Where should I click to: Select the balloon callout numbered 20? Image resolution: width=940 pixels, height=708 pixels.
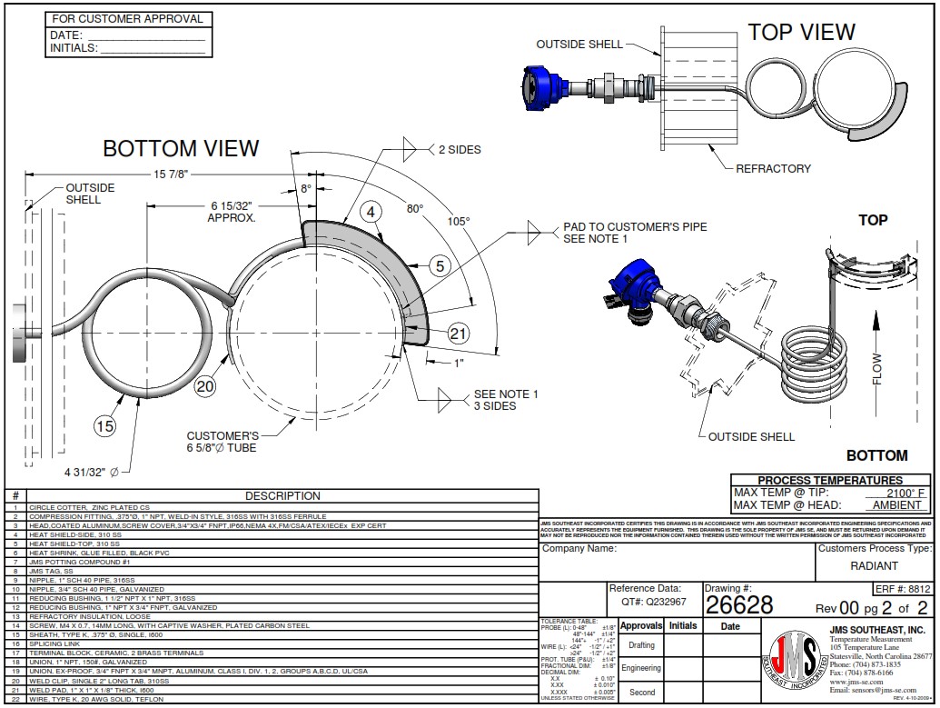(x=206, y=385)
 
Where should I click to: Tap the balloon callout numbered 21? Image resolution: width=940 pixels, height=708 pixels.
(x=458, y=334)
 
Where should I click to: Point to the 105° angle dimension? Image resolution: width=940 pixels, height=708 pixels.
(x=459, y=221)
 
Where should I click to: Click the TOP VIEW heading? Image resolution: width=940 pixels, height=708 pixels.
(x=801, y=33)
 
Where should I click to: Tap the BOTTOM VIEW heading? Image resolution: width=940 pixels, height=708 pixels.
(x=181, y=148)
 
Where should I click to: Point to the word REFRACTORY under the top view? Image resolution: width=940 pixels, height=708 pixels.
(x=773, y=168)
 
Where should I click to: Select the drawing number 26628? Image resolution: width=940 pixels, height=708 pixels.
(x=738, y=605)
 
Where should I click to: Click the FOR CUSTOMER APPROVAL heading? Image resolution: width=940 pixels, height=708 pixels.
(x=127, y=18)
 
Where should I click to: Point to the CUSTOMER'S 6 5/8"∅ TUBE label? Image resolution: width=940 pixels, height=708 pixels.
(x=223, y=442)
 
